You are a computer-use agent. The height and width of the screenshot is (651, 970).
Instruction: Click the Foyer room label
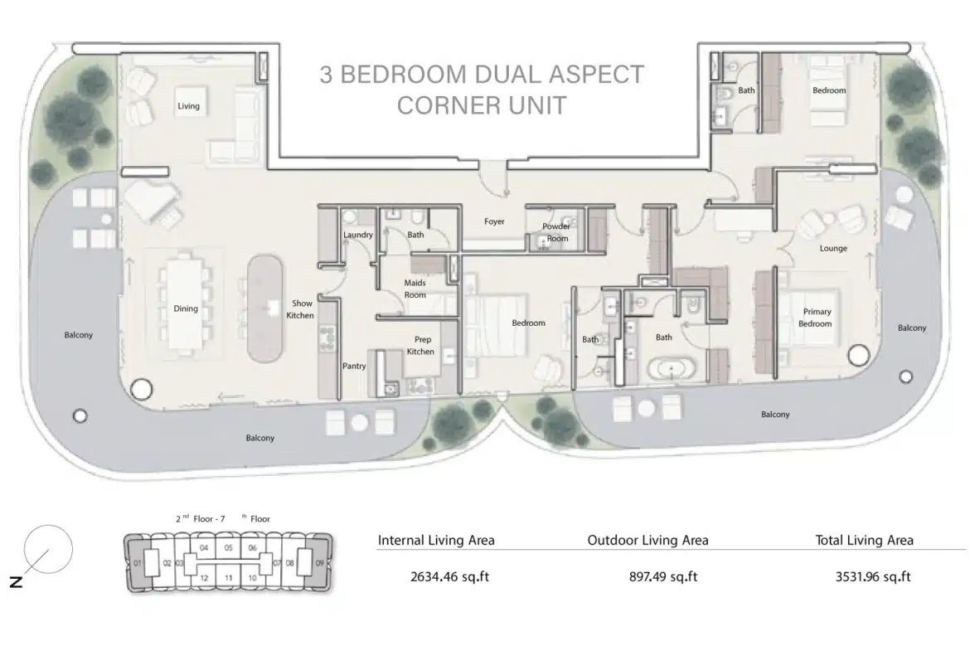[x=494, y=221]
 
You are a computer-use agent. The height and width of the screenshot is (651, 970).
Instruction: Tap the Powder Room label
[x=557, y=232]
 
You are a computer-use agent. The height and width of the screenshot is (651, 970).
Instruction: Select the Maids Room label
[x=415, y=289]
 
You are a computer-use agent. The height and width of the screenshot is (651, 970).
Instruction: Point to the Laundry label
[x=358, y=236]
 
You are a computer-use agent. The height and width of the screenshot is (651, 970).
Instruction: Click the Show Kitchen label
[x=301, y=309]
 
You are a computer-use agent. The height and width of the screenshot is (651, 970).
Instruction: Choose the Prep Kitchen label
[x=420, y=345]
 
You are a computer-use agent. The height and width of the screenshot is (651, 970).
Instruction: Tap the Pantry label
[x=355, y=367]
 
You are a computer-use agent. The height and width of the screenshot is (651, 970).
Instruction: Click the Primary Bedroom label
[x=815, y=318]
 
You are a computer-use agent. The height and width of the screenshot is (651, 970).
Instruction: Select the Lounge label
[x=833, y=249]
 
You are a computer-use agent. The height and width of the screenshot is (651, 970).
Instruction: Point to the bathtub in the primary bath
[x=671, y=369]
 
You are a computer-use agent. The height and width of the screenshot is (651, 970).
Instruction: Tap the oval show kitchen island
[x=265, y=308]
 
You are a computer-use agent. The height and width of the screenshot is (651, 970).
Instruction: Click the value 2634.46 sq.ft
[x=449, y=576]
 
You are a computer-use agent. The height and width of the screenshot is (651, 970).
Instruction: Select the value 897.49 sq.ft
[x=663, y=576]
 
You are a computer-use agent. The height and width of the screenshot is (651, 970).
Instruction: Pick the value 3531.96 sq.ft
[x=873, y=576]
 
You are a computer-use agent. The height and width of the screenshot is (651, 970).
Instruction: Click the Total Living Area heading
[x=864, y=540]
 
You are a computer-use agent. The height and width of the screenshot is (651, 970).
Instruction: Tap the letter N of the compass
[x=16, y=581]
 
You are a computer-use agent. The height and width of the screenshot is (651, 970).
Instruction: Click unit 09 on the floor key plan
[x=320, y=563]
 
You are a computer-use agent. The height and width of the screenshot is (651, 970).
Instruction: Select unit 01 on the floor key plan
[x=138, y=564]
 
